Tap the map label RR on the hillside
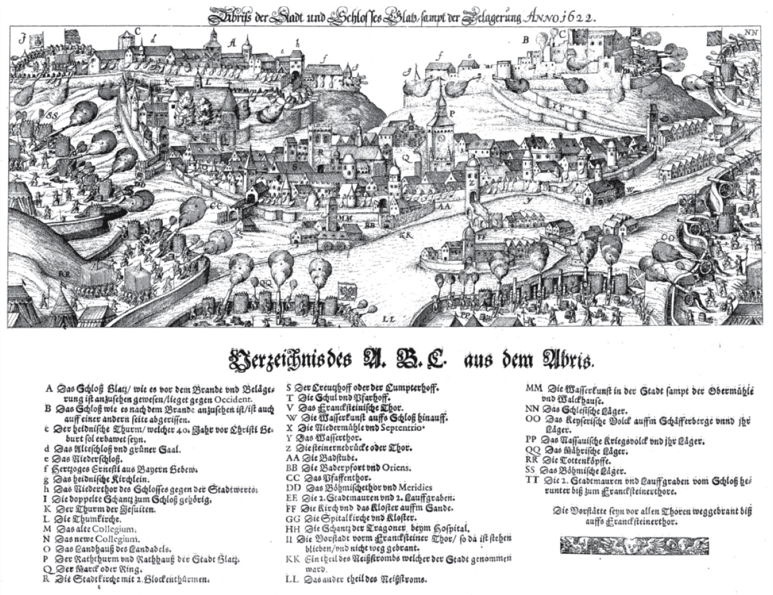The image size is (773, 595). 63,273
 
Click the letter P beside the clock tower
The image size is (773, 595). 453,112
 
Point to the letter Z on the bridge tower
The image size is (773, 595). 471,181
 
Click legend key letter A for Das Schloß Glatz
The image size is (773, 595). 49,389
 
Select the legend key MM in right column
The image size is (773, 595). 533,389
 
